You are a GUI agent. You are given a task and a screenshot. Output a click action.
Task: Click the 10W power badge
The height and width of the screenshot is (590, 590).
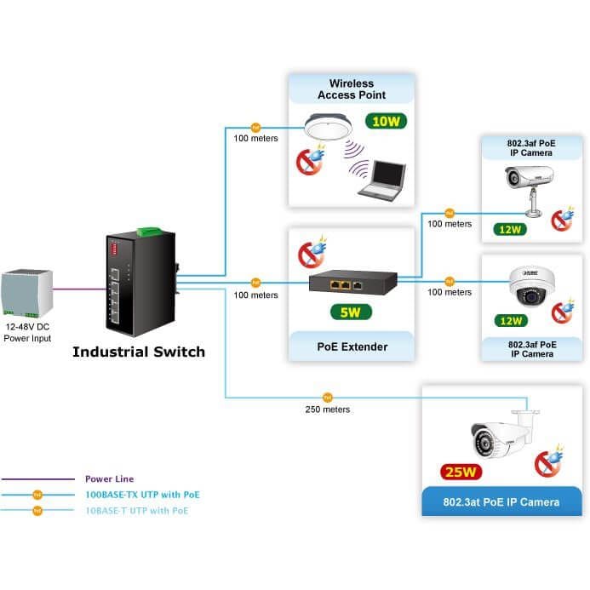tap(386, 121)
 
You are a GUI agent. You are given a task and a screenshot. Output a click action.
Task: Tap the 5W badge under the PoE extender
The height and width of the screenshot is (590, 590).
tap(351, 312)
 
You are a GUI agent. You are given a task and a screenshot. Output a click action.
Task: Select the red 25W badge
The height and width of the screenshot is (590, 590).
tap(461, 472)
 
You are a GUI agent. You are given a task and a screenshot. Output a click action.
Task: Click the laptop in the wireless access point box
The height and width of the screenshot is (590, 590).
tap(382, 180)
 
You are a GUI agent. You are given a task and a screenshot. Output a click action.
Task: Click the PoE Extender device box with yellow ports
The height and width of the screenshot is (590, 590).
tap(352, 282)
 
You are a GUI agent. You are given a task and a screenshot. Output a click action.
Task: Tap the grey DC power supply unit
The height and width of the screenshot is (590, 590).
tap(26, 293)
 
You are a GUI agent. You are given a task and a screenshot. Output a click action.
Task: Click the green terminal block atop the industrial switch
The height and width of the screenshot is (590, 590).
tap(149, 231)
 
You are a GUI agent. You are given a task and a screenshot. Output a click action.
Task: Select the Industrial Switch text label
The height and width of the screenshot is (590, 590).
tap(139, 352)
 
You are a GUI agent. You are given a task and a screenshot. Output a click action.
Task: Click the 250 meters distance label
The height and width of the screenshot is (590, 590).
tap(328, 410)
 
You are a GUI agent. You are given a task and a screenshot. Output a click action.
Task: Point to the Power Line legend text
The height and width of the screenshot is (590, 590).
tap(110, 479)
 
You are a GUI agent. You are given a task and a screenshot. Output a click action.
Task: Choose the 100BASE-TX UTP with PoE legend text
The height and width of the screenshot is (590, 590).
tap(143, 495)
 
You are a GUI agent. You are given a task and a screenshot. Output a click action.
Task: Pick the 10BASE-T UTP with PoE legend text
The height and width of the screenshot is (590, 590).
tap(137, 511)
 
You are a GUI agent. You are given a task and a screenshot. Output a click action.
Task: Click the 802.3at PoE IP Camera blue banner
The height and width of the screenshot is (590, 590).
tap(501, 501)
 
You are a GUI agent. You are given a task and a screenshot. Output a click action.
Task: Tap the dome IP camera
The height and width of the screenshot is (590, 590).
tap(531, 286)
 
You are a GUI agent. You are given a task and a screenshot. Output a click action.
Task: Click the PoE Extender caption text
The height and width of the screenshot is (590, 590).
tap(352, 347)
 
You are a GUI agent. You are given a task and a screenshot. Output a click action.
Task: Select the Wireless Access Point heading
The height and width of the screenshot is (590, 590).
tap(352, 89)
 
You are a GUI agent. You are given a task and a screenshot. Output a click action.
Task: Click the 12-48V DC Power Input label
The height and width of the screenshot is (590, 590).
tap(27, 333)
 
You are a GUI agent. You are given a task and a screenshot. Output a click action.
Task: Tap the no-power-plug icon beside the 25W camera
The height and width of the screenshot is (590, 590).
tap(549, 461)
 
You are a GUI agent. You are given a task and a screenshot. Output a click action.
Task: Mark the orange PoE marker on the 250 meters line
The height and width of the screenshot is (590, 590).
tap(328, 398)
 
